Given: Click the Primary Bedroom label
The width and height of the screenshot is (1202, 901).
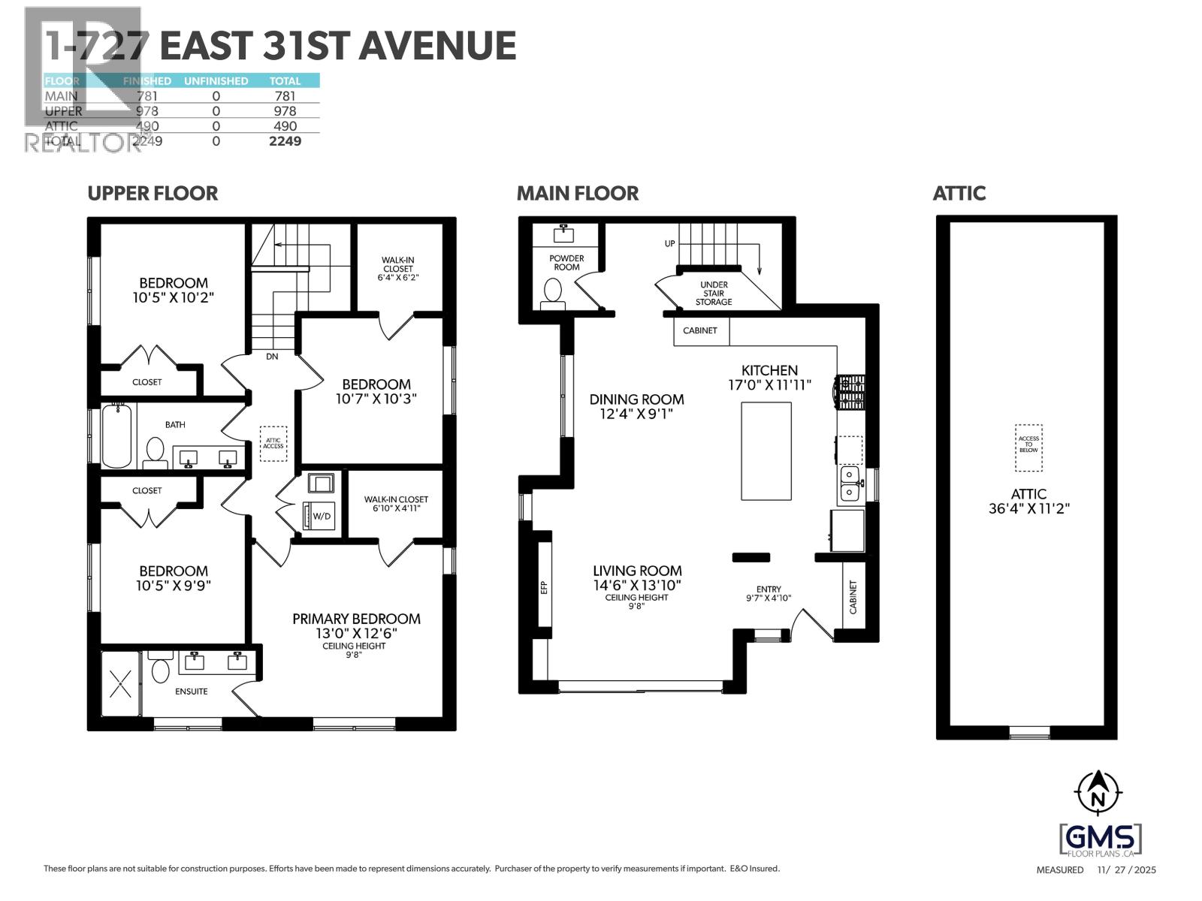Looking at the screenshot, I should pos(356,619).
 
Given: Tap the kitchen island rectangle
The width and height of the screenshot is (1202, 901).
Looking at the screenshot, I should pos(766,450).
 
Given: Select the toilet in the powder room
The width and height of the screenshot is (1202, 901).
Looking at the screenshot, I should pos(554,291).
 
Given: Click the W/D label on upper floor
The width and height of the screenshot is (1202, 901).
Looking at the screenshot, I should pos(321,516).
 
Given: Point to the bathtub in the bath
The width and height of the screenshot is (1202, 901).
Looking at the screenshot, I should pos(117,435).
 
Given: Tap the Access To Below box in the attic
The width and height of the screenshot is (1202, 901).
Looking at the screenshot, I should pos(1028,448).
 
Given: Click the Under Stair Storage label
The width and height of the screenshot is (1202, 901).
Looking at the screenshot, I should pos(713,294).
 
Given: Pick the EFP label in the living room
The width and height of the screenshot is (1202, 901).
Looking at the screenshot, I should pos(545,587).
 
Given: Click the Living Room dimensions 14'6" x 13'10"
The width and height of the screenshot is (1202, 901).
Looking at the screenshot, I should pos(637,585).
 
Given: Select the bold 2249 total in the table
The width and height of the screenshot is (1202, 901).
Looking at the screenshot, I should pos(285,140).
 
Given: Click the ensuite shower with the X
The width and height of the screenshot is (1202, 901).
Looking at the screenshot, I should pos(120,683).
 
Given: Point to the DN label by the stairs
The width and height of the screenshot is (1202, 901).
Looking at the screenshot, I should pos(272,357).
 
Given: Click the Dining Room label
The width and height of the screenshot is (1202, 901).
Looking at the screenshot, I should pos(636,399).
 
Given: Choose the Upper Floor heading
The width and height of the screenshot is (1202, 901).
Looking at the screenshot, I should pos(153,193).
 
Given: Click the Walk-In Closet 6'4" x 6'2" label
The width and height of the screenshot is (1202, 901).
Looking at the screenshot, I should pos(397,268).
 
